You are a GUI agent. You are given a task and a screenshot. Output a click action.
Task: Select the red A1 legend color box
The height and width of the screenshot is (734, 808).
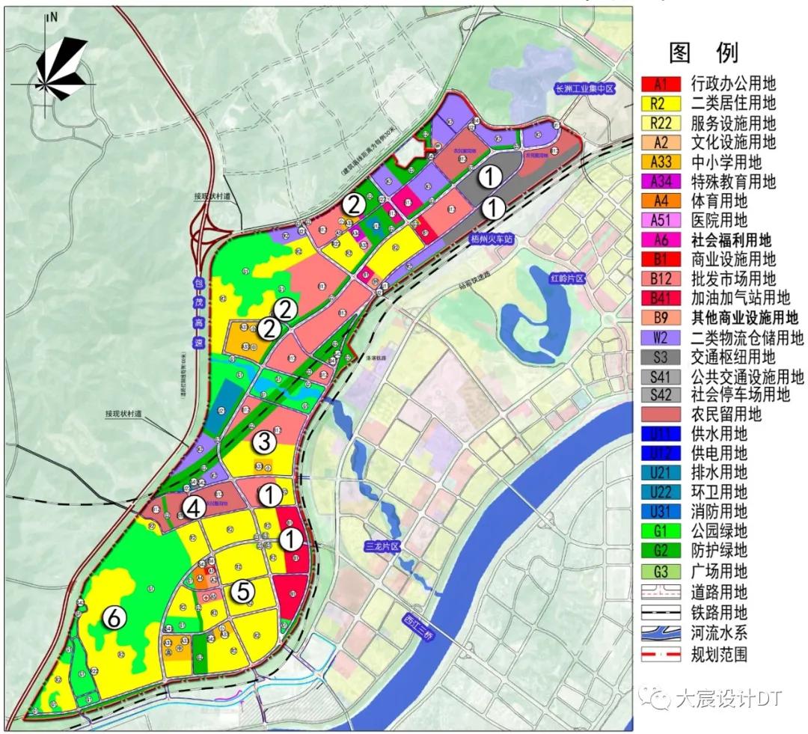tap(661, 83)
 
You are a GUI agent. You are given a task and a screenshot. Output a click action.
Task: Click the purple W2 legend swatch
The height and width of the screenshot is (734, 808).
tap(661, 337)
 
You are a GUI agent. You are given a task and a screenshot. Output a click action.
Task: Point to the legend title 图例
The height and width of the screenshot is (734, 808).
tap(703, 52)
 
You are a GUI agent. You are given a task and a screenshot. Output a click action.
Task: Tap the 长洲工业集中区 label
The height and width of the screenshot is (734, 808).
tap(584, 88)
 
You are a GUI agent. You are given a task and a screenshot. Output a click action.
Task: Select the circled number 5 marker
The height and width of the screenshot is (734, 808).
tap(242, 591)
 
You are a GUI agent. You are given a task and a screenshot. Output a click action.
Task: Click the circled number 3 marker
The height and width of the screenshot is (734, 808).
tap(263, 441)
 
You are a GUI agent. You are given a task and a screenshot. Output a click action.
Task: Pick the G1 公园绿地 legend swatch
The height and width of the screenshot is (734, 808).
tap(661, 532)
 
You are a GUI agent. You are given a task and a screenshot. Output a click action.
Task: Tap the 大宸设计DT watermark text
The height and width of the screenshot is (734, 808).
tap(726, 699)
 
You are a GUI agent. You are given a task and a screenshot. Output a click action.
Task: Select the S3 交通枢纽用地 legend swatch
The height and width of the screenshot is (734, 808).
tap(661, 357)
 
